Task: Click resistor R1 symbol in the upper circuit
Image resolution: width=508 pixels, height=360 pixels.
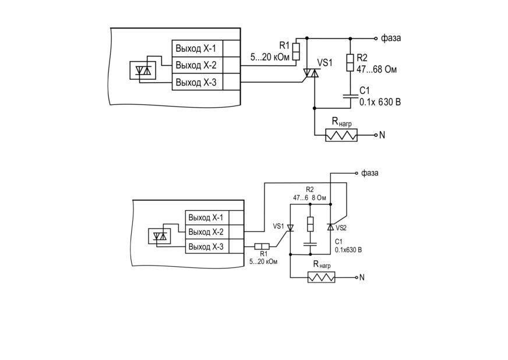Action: click(x=296, y=51)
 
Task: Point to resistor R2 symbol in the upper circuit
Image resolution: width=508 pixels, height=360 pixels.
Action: click(x=350, y=63)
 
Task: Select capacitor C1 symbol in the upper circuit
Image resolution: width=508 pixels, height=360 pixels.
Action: click(x=350, y=96)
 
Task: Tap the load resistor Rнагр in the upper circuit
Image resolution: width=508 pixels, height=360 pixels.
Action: click(x=341, y=135)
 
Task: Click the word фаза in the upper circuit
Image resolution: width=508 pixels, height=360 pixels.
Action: click(x=391, y=38)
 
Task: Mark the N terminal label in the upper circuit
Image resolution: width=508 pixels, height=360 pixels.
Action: click(x=382, y=135)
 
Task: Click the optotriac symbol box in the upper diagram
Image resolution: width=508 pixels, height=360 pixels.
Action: click(x=143, y=70)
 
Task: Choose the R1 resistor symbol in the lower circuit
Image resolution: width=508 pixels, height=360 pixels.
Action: click(x=262, y=246)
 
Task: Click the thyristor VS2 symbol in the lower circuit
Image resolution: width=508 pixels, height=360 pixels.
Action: click(x=330, y=227)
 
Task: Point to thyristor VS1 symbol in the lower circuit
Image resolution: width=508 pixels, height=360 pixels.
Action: click(x=290, y=228)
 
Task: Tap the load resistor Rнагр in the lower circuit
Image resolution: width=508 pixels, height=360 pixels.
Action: click(x=322, y=278)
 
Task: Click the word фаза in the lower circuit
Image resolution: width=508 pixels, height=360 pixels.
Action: click(x=370, y=172)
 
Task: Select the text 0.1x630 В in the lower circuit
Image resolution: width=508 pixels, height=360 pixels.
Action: click(x=348, y=250)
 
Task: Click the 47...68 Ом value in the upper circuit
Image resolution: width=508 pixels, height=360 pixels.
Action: click(x=376, y=69)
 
